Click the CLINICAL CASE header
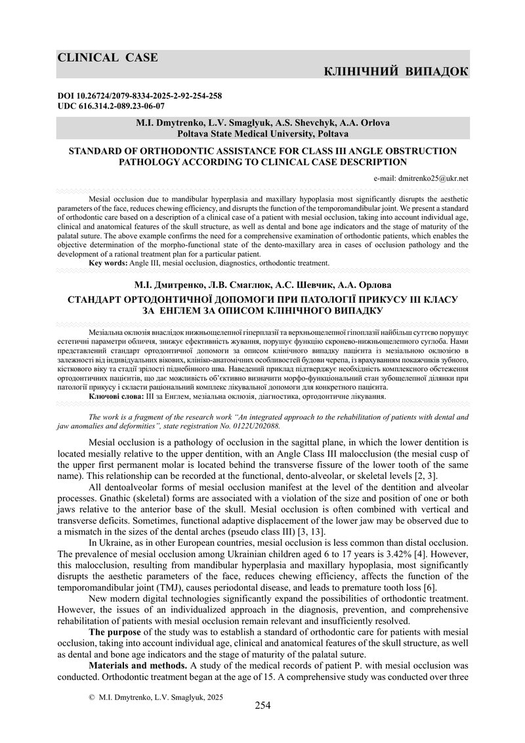pos(108,57)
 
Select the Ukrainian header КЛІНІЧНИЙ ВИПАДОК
pos(396,71)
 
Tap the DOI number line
pos(140,96)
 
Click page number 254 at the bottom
pos(262,706)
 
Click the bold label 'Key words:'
pos(108,263)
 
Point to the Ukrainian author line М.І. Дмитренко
pos(262,284)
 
